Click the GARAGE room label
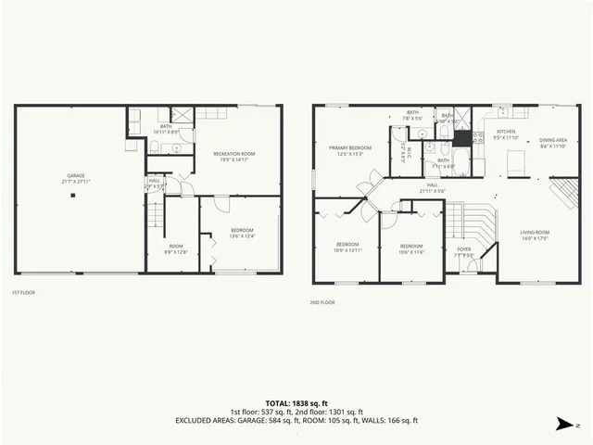pos(76,177)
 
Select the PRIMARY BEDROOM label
pos(351,150)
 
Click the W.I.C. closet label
pos(404,151)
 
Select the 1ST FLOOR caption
pos(23,293)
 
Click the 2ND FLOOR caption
pos(322,302)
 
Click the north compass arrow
pos(562,426)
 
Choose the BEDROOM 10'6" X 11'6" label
pos(411,248)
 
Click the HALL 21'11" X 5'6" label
pos(433,187)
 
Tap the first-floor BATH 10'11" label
pos(166,129)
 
